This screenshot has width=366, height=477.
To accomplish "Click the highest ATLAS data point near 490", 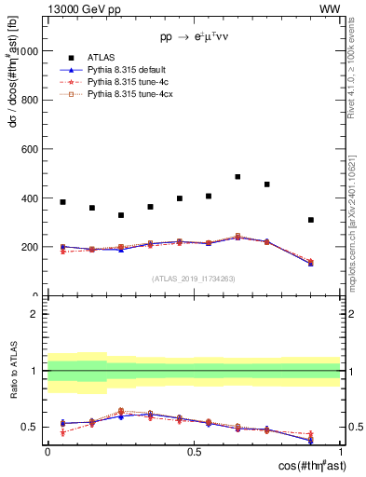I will pos(237,176).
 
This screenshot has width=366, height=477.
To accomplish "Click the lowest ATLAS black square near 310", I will pos(311,220).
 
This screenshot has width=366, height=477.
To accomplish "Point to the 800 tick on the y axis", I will pos(29,100).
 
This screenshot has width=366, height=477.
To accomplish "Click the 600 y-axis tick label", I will pos(29,149).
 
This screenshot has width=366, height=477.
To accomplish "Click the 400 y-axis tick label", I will pos(29,198).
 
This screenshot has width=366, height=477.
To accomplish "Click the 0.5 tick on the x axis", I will pos(194,451).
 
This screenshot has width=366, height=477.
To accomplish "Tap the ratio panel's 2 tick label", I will pos(34,315).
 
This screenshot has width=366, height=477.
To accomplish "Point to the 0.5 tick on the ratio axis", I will pos(30,428).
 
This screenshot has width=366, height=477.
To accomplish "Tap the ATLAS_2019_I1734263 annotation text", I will pos(194,279).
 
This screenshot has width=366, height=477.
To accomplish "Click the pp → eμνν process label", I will pos(194,38).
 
